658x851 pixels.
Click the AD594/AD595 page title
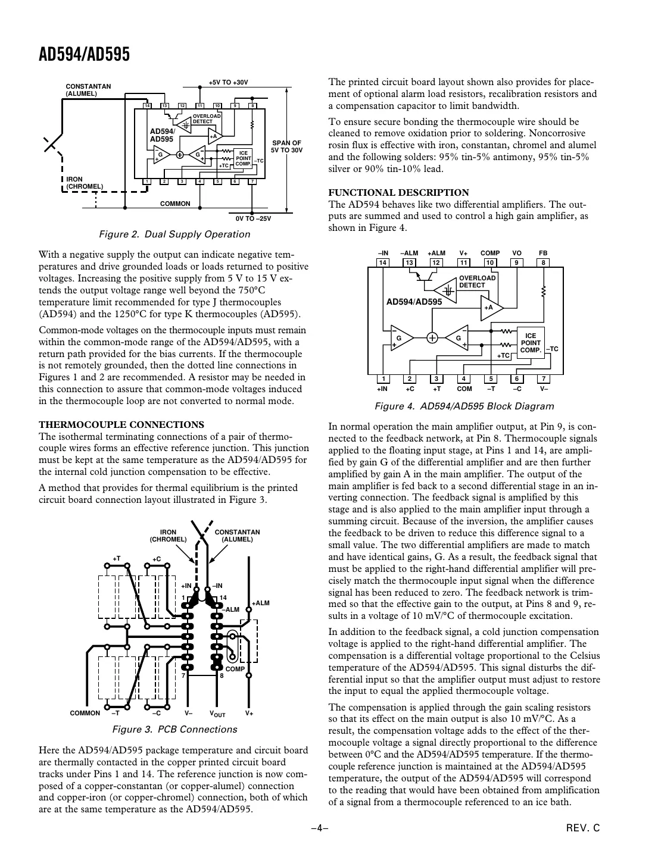click(x=84, y=55)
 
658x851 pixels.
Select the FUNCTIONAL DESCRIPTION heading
click(x=398, y=192)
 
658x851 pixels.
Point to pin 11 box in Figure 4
click(x=463, y=262)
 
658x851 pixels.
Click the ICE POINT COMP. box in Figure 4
click(x=531, y=343)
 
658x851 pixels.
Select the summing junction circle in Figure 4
click(x=432, y=337)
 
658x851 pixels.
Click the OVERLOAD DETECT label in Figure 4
click(x=477, y=281)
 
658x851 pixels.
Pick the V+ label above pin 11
click(x=463, y=253)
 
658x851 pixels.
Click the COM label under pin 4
click(x=464, y=389)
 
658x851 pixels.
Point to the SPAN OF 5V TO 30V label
click(x=287, y=146)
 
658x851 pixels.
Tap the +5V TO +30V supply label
click(x=228, y=82)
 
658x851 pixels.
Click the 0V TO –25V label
click(x=253, y=218)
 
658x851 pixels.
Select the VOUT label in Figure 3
click(x=217, y=714)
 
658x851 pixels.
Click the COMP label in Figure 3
click(x=235, y=669)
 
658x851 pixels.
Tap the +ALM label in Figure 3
click(x=261, y=603)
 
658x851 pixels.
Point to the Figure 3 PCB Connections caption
click(x=174, y=729)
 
